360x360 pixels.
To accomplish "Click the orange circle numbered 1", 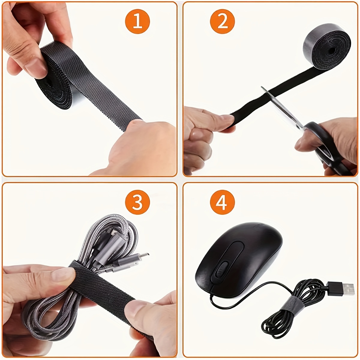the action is point(137,22).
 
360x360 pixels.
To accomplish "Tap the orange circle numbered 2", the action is point(222,22).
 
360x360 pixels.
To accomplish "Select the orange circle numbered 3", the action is point(137,202).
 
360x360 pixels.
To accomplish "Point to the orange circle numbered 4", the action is point(222,202).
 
